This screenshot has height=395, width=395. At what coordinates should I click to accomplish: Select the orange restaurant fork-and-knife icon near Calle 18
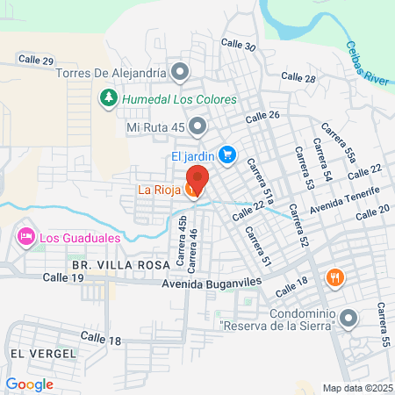coord(334,278)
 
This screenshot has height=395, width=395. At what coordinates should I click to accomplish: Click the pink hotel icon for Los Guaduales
coord(25,236)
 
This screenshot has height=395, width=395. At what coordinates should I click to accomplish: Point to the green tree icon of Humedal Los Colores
coord(108,97)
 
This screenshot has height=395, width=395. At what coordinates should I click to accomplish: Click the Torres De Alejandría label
coord(111,72)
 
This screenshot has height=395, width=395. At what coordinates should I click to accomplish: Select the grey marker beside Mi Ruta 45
coord(198,127)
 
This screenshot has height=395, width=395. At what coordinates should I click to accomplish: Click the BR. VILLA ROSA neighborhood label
coord(110,262)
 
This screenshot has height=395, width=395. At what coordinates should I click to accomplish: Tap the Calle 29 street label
coord(36,61)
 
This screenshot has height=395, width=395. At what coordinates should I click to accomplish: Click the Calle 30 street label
coord(239,47)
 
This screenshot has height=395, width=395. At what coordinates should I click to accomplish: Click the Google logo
coord(29,384)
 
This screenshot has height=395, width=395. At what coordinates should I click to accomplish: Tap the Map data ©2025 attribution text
coord(356,388)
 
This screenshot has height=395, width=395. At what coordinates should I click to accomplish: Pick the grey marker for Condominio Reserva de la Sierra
coord(350,317)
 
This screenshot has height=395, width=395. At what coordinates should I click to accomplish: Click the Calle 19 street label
coord(66,277)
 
